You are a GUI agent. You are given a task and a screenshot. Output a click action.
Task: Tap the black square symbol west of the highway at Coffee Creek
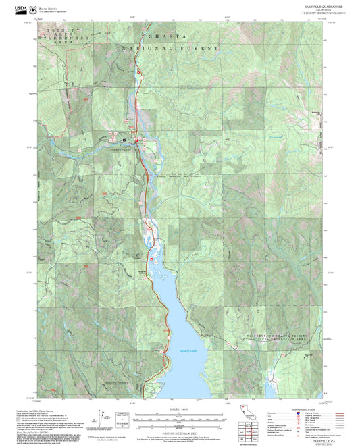point(124,140)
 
